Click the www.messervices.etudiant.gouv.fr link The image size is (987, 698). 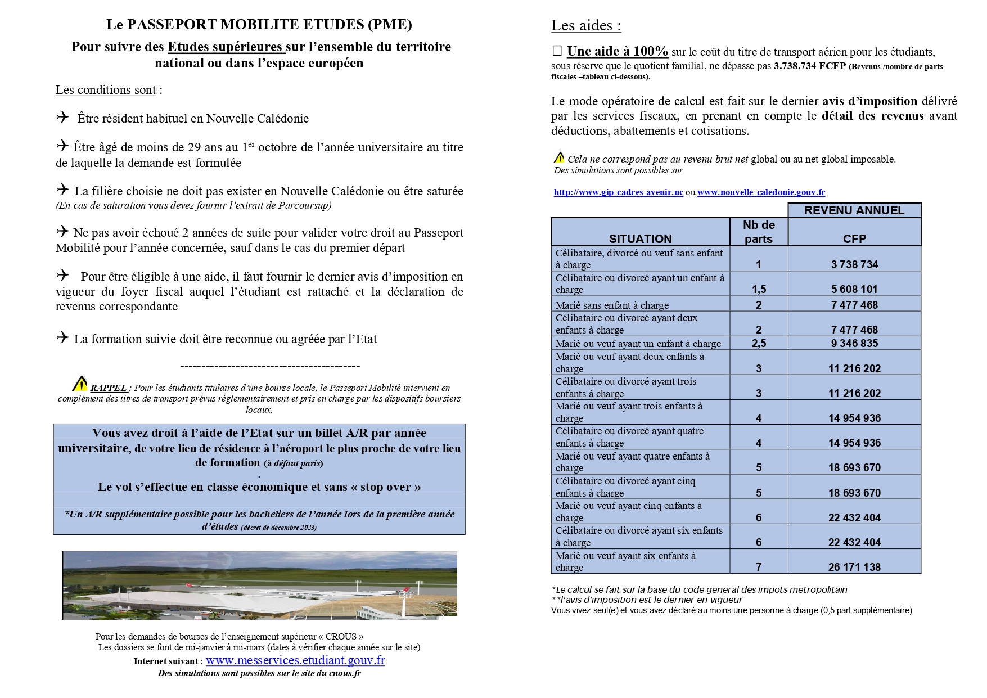295,660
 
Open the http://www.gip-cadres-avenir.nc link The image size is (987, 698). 618,192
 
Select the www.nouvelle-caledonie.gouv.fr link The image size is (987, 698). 761,192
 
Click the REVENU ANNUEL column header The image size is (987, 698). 854,210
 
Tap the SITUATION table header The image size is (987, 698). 640,238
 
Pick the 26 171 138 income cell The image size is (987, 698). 854,567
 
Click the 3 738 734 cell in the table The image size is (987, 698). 854,264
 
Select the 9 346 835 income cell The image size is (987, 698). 854,343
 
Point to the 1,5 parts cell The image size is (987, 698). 759,289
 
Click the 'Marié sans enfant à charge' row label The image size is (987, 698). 612,305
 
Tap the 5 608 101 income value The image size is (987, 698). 854,289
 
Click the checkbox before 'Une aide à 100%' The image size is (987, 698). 557,51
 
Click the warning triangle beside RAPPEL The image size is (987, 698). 80,384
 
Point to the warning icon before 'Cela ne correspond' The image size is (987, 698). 559,157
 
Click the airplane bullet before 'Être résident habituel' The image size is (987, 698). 62,117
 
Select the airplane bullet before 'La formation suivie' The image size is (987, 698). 62,337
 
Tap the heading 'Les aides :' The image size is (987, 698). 585,25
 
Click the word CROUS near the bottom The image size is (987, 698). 341,636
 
